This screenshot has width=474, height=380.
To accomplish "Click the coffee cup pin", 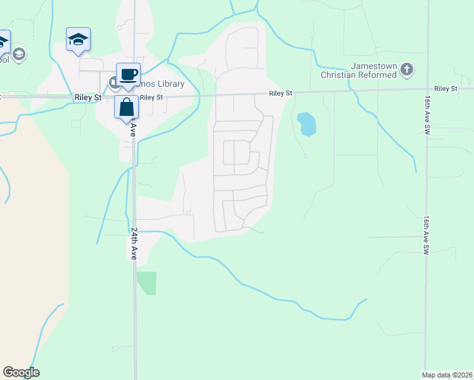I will click(x=128, y=74).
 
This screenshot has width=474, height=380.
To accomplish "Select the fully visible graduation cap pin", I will click(x=79, y=39).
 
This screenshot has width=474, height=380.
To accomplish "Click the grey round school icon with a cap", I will click(x=19, y=54).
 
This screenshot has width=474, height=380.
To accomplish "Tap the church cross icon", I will click(x=407, y=69).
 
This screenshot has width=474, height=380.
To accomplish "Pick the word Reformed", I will click(x=380, y=75).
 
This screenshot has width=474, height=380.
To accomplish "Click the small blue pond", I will click(x=307, y=124).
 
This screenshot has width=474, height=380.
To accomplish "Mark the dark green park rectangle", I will click(x=147, y=282).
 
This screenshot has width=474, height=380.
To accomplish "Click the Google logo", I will click(x=21, y=372).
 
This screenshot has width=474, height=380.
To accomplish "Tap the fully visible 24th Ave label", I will click(x=134, y=244).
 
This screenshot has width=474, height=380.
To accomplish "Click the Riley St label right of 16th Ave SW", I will click(x=446, y=89).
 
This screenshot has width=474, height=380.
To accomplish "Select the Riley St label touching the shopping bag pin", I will click(x=151, y=97).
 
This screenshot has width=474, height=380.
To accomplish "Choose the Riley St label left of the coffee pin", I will click(x=88, y=98).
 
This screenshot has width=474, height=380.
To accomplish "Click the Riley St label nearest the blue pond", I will click(x=280, y=93).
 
